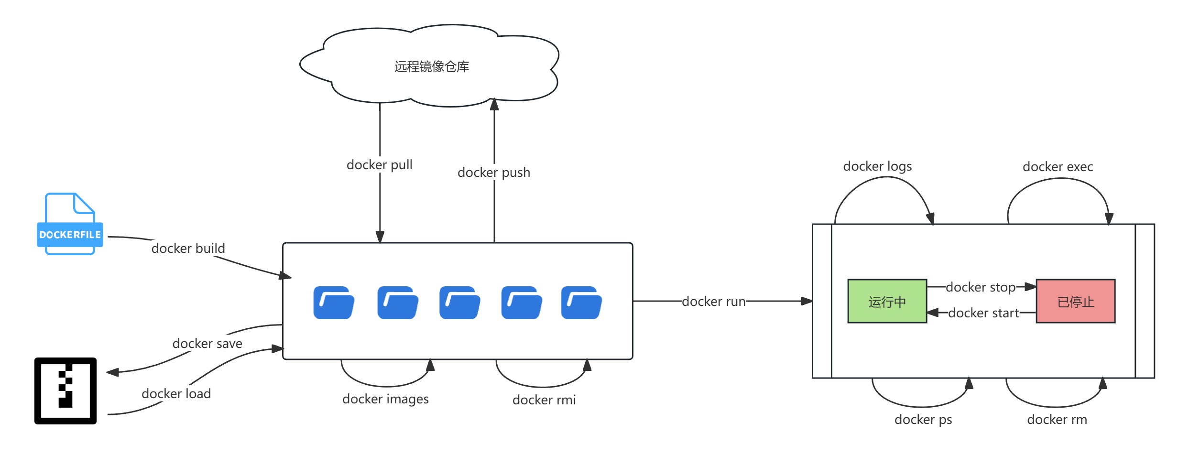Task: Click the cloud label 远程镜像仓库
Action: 431,67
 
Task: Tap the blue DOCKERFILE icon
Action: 70,225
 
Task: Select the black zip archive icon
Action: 65,390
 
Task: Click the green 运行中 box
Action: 887,302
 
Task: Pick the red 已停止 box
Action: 1075,302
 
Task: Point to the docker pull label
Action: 379,165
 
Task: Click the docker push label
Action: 493,173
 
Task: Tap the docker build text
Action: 188,249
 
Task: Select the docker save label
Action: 207,344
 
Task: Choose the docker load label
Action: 176,394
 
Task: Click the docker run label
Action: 713,302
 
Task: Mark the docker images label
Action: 385,399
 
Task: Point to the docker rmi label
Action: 544,400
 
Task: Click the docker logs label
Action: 877,166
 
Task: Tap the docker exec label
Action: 1058,167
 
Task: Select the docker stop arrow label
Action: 980,287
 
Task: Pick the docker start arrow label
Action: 983,313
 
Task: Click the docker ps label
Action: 923,420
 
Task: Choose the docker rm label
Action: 1057,420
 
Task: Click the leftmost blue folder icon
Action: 334,303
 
